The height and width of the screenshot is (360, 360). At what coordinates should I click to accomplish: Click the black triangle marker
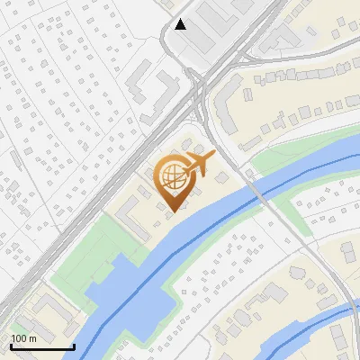(182, 24)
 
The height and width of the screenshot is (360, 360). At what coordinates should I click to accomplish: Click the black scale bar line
(41, 347)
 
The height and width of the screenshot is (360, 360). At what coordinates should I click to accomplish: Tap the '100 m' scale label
(23, 338)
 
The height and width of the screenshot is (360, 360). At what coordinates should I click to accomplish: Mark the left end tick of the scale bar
(10, 345)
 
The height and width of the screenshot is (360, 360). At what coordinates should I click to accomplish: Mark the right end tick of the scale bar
(73, 345)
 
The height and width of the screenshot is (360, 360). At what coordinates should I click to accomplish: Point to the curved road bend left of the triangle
(164, 36)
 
